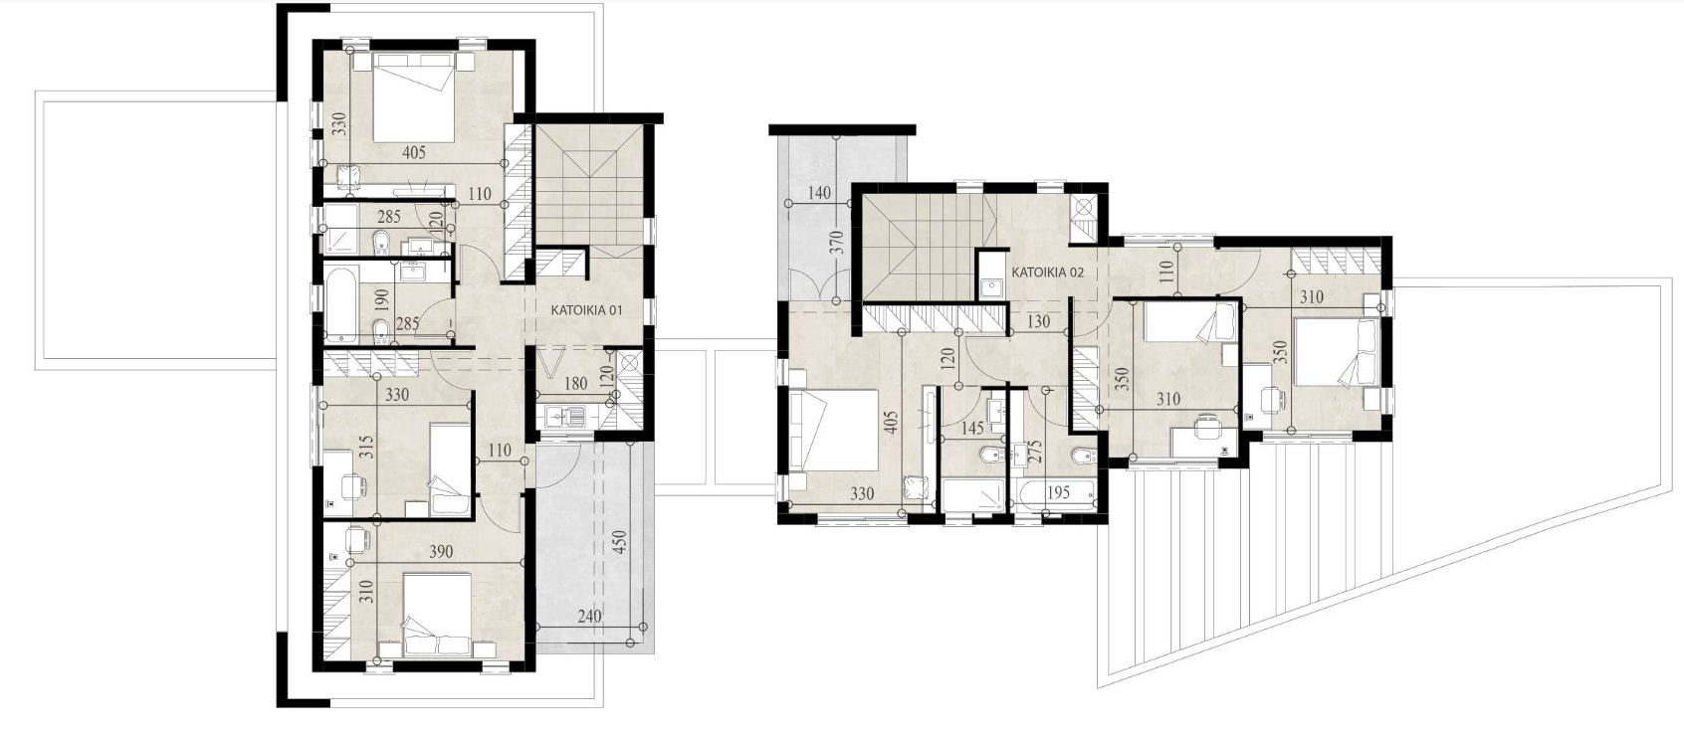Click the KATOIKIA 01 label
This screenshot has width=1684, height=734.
click(586, 309)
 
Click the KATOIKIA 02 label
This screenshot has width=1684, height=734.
click(1047, 273)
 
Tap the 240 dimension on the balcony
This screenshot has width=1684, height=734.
click(589, 616)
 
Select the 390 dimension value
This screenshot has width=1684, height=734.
click(441, 551)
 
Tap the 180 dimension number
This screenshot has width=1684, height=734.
click(575, 384)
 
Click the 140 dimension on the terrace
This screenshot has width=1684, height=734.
click(819, 193)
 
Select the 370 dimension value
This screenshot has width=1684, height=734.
click(839, 244)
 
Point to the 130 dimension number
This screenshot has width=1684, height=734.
click(1037, 321)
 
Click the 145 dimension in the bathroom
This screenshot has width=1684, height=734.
click(972, 429)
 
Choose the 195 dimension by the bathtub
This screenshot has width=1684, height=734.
click(1058, 493)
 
